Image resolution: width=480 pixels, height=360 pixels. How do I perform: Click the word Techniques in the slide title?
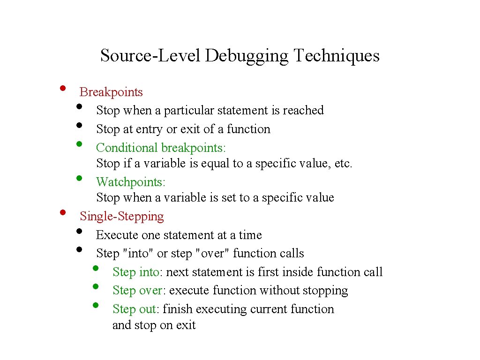pos(336,56)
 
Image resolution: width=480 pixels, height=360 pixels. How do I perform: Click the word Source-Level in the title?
pos(150,56)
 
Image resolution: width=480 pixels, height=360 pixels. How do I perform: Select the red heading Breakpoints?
pos(111,92)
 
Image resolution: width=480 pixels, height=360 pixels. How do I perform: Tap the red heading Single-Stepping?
pos(122,216)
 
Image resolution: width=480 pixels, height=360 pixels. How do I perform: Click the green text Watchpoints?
pos(131,181)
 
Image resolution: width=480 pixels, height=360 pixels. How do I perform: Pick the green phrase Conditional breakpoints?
pos(161,148)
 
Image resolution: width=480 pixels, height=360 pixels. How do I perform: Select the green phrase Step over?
pos(139,290)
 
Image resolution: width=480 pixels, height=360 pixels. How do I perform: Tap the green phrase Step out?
pos(137,309)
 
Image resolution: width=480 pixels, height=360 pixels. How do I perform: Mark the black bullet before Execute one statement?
pos(79,231)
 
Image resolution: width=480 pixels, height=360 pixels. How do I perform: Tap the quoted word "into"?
pos(138,253)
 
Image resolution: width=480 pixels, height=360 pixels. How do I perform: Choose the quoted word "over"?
pos(214,253)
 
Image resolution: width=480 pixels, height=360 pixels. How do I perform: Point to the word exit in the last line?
pos(186,325)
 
